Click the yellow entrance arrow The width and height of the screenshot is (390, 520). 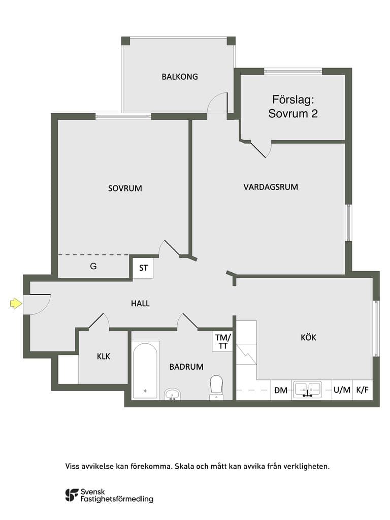16,303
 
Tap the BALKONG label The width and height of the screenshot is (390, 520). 180,77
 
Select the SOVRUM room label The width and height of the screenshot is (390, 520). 125,188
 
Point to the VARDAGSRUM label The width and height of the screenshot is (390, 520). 271,187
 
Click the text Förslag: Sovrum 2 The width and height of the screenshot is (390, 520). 293,107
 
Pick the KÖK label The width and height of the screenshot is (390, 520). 308,337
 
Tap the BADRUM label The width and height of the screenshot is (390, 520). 186,367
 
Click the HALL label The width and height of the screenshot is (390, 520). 140,303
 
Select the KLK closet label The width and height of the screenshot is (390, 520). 104,356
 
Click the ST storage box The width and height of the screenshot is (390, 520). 143,268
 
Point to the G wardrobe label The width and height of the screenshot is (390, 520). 93,266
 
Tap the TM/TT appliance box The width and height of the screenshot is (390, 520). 222,342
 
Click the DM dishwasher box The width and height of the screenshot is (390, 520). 281,390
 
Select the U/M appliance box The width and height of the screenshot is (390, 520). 342,390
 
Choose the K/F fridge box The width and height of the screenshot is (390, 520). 363,390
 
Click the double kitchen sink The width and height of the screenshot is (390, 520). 308,389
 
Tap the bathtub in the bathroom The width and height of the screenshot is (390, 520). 145,370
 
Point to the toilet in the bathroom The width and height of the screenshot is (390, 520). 216,387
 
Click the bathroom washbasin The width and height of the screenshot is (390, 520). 173,394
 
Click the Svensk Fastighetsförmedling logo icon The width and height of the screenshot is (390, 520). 72,495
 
